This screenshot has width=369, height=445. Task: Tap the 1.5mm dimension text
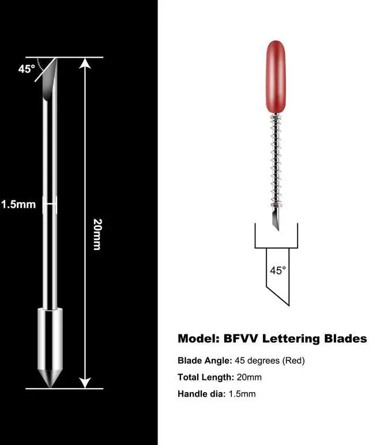click(x=18, y=204)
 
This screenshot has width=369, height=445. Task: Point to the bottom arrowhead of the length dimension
click(x=85, y=382)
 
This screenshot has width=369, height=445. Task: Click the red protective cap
click(x=277, y=78)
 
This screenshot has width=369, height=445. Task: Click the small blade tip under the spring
click(x=276, y=221)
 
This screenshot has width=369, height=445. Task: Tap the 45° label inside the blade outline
click(x=277, y=270)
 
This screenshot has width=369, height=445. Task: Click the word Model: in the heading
click(x=199, y=338)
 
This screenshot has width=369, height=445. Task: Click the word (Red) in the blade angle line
click(x=292, y=361)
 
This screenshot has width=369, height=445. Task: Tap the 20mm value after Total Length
click(x=249, y=378)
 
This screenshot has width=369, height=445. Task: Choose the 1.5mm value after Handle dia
click(x=242, y=394)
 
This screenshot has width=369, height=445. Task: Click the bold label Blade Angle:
click(x=204, y=361)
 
